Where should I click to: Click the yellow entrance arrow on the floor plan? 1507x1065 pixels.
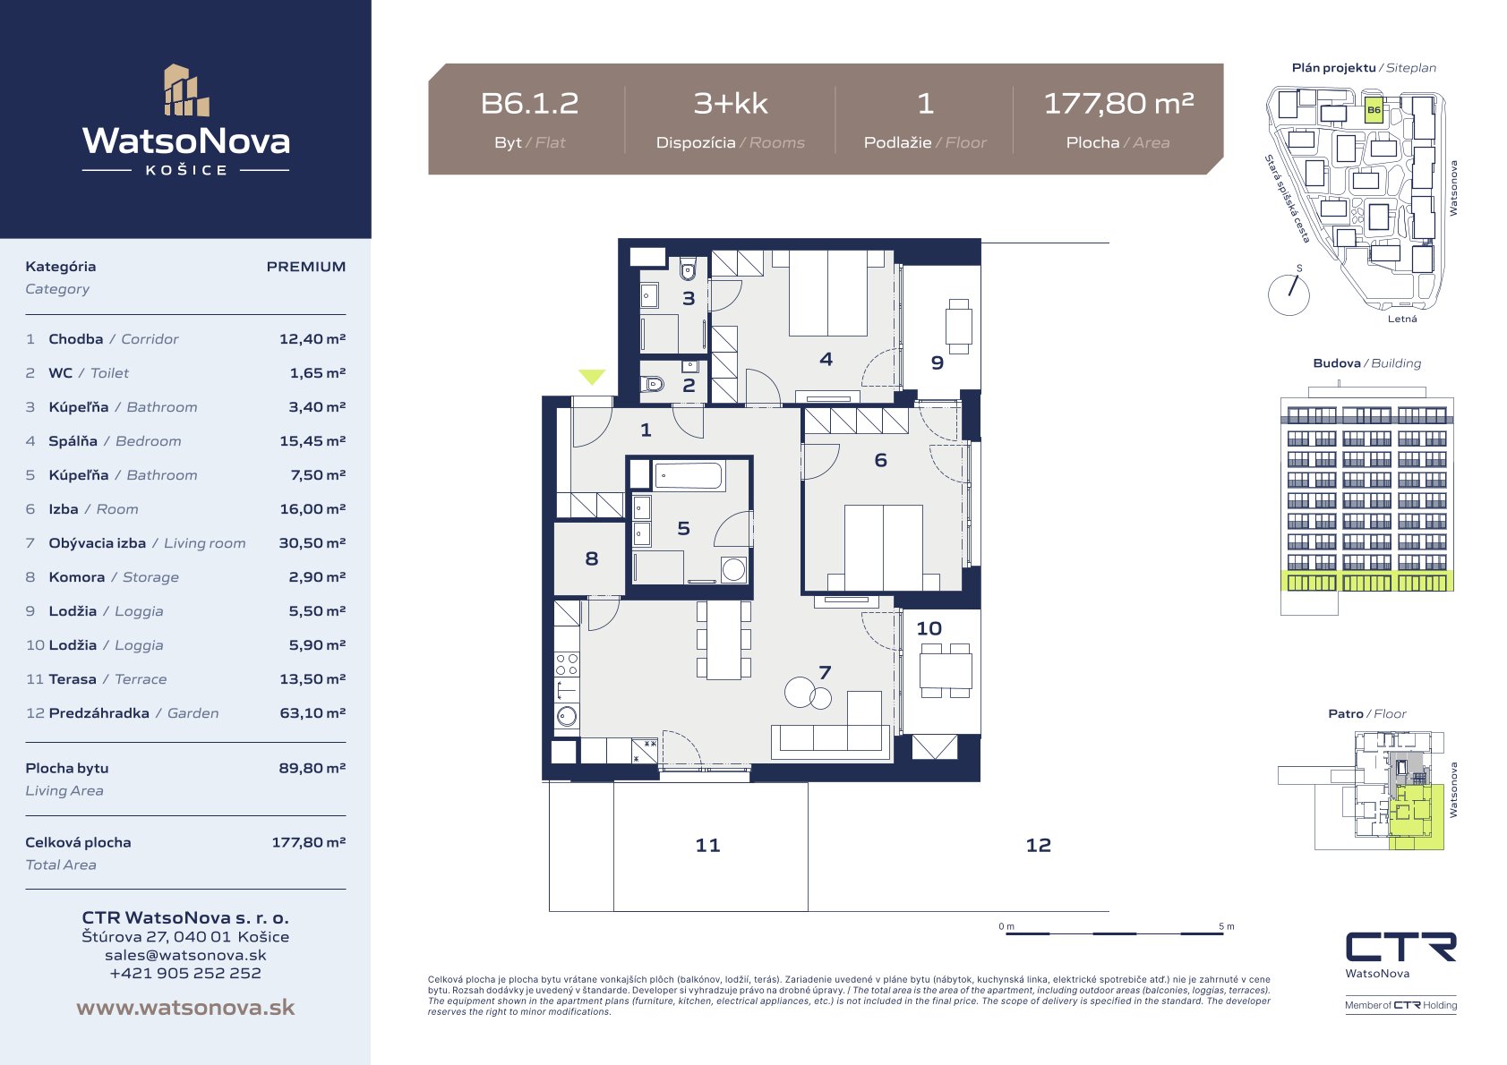point(592,377)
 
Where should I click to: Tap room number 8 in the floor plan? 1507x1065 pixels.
point(591,558)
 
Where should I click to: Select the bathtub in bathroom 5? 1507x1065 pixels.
point(689,476)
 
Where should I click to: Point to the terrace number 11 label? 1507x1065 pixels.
point(707,845)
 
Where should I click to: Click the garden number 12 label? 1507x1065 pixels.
point(1038,845)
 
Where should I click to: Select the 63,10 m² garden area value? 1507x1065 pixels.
point(313,712)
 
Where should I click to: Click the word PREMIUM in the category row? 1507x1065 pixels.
point(306,267)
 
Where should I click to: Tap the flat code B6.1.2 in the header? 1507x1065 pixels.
point(529,103)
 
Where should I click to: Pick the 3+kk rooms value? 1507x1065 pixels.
point(731,103)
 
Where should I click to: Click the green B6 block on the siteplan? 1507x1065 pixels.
point(1374,110)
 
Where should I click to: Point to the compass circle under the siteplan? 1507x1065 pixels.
point(1289,295)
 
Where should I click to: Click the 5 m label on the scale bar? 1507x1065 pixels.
point(1227,926)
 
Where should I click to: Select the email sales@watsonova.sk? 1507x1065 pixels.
point(185,955)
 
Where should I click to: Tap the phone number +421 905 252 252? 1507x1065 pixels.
point(185,973)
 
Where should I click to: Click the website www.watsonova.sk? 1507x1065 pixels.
point(185,1007)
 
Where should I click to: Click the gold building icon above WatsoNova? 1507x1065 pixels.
point(185,90)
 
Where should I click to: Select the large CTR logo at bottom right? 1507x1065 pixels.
point(1400,947)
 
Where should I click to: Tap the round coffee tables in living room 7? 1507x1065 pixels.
point(808,693)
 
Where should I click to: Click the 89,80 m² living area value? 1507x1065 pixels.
point(313,768)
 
